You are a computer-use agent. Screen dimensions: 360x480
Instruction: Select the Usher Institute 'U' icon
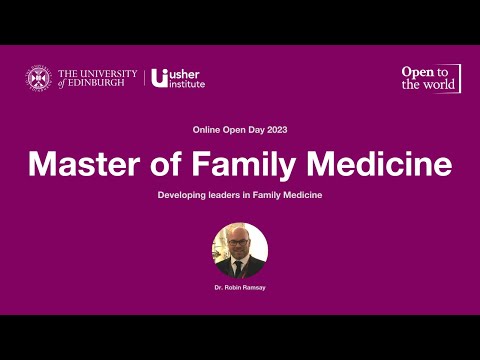[x=158, y=77]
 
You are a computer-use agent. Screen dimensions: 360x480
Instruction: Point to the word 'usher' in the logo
[x=186, y=73]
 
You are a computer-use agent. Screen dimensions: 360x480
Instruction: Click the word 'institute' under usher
[x=187, y=84]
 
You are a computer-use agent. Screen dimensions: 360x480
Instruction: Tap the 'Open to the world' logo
[x=430, y=78]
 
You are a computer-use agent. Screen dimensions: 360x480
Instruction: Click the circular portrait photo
[x=240, y=250]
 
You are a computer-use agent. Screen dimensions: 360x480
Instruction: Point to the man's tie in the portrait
[x=240, y=268]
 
